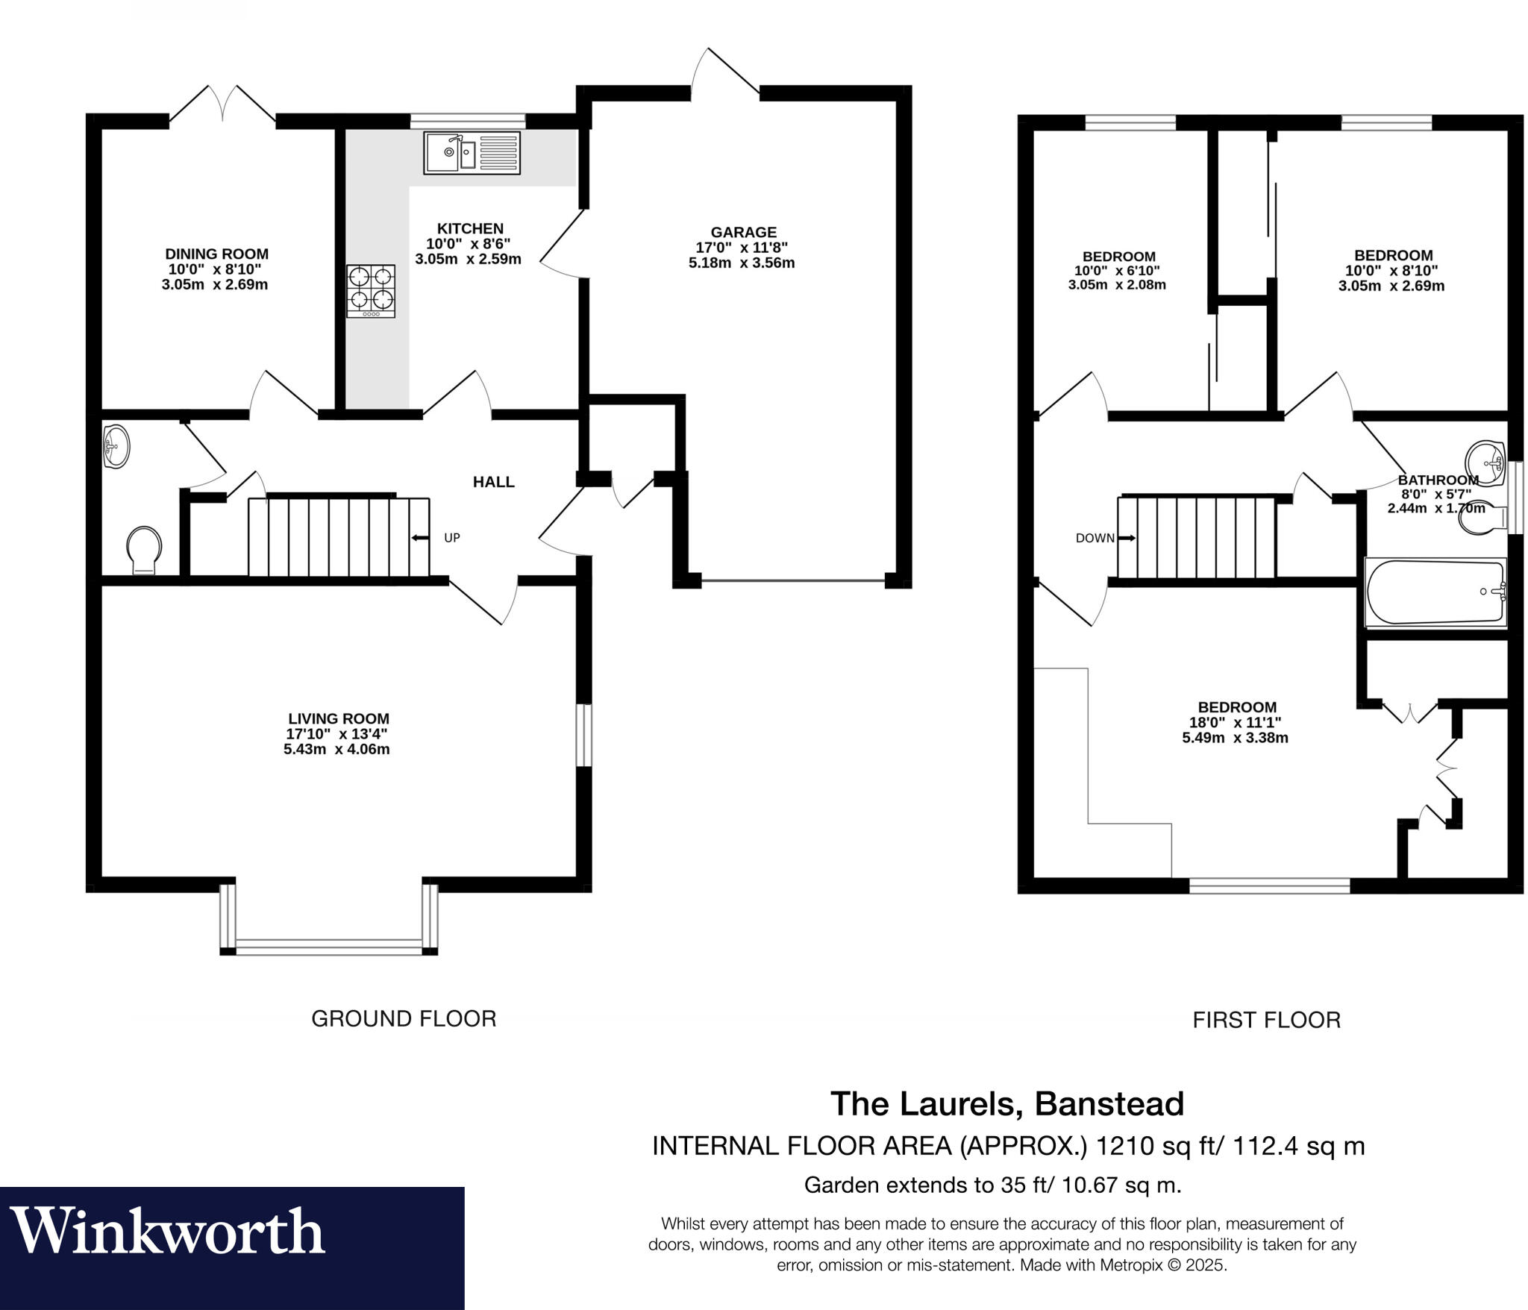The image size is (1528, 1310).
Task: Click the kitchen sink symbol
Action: point(472,152)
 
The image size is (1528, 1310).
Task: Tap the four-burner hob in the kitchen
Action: point(371,291)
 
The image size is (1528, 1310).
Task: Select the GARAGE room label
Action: point(743,232)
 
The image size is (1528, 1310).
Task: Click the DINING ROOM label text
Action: point(216,254)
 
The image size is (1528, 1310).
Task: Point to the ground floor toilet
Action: point(144,551)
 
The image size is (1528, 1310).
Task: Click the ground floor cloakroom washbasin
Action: point(115,447)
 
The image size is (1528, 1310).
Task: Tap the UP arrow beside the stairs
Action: point(420,537)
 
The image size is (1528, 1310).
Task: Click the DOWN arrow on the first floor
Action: point(1127,537)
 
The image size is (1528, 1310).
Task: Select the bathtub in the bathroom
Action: point(1434,592)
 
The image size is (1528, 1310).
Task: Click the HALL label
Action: point(493,482)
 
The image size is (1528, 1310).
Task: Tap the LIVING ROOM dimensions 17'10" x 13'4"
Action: point(337,734)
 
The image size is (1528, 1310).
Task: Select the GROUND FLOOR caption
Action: point(404,1018)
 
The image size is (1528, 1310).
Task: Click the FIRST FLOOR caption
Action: point(1266,1020)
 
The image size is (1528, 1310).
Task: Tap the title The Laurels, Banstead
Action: point(1006,1103)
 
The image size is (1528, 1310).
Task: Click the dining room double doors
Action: point(222,104)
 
